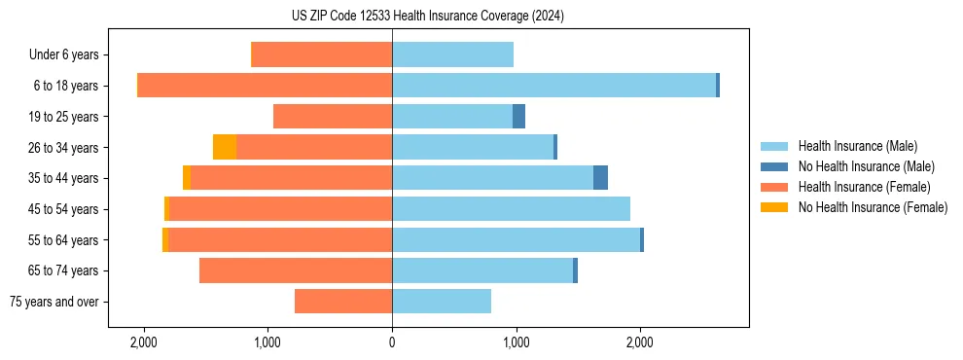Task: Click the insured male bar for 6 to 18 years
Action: point(553,86)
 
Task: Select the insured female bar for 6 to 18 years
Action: point(265,86)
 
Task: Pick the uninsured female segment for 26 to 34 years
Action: point(225,147)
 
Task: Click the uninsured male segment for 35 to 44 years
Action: point(600,178)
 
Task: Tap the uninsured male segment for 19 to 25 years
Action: point(518,117)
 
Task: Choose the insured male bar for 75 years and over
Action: point(442,302)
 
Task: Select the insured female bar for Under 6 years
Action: point(322,54)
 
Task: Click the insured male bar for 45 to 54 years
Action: point(511,209)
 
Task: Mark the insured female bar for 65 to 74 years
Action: point(296,270)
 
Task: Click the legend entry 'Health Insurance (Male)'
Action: point(857,146)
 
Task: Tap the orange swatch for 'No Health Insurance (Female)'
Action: point(775,207)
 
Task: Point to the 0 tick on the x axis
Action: point(392,342)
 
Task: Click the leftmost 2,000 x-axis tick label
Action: point(144,342)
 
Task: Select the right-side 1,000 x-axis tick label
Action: point(516,342)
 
